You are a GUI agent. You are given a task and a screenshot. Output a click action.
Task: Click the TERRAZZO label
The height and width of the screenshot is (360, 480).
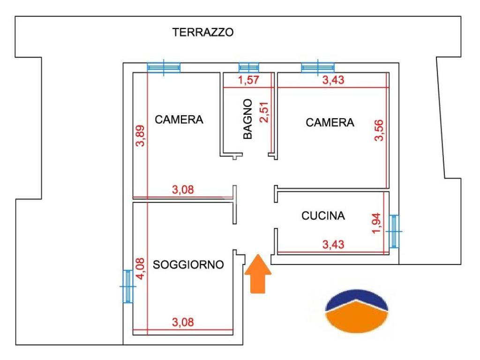click(202, 32)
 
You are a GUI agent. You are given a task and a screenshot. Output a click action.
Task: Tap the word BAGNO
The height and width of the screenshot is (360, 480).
click(247, 119)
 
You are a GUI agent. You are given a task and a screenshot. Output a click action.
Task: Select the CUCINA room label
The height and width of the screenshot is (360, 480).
click(323, 216)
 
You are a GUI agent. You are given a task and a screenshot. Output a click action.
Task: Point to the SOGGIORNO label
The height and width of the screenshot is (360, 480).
click(188, 264)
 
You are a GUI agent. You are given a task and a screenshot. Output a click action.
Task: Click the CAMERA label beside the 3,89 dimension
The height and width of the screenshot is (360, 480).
click(179, 120)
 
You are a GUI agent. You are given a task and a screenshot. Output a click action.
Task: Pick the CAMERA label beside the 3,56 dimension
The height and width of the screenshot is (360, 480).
click(330, 122)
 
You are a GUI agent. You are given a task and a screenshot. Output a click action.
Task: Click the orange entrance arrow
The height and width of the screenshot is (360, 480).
click(258, 274)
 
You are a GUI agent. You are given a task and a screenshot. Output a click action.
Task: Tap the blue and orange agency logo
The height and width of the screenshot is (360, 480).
click(357, 310)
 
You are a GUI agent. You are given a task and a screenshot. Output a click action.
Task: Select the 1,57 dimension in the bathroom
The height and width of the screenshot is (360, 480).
click(248, 80)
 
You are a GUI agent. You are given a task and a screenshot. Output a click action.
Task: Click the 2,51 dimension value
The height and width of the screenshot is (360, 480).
click(264, 112)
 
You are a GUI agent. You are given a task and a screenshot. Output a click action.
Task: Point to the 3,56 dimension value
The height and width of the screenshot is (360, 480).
click(379, 130)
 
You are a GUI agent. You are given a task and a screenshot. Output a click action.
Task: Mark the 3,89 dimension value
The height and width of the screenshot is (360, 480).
click(140, 136)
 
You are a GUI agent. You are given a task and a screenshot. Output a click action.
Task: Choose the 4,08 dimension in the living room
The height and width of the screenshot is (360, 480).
click(140, 269)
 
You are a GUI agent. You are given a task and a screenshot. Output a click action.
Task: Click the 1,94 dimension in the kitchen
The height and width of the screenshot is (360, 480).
click(376, 223)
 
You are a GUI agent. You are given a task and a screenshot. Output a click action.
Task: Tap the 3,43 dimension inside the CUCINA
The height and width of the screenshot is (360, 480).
click(333, 245)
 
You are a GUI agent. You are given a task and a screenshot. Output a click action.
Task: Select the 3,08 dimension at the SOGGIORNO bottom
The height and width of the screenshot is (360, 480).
click(183, 322)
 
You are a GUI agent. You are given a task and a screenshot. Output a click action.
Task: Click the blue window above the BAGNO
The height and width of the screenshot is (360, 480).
click(248, 67)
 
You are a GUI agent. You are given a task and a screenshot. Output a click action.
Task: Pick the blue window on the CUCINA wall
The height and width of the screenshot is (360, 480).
click(394, 232)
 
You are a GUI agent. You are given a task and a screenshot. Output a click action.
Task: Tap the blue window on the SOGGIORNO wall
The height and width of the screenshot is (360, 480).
click(127, 286)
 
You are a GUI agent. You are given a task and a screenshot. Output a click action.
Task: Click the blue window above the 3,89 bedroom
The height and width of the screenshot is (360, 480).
click(164, 67)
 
